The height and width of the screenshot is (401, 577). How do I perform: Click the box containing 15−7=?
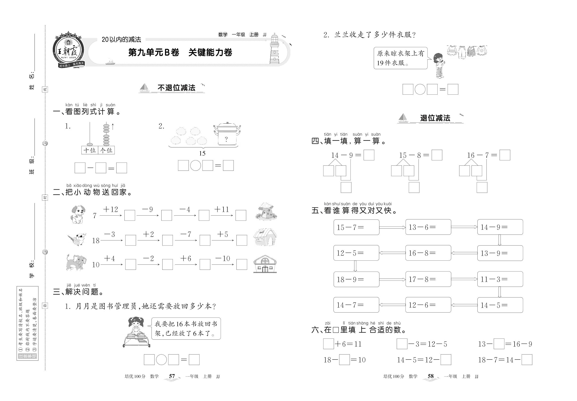pos(356,227)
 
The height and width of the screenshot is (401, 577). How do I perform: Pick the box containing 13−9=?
pos(500,253)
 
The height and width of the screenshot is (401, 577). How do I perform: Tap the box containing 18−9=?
pos(356,279)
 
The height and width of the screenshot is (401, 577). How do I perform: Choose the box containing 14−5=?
pos(500,305)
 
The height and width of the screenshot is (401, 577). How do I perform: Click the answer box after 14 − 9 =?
pos(369,155)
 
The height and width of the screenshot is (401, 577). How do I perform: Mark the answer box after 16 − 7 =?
pos(504,155)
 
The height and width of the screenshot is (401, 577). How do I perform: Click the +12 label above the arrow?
pos(110,209)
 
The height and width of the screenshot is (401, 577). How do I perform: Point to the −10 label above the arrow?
pos(223,258)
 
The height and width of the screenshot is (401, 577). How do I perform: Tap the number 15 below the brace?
pos(202,153)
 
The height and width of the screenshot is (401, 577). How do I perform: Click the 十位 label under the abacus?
pos(89,150)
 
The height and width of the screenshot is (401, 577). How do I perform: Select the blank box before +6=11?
pos(328,344)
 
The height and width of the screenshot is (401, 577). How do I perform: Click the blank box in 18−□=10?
pos(344,359)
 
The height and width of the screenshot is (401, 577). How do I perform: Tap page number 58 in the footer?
pos(431,376)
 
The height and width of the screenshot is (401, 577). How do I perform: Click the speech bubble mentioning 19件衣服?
pos(400,58)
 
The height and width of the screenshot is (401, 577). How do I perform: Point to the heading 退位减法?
pos(435,118)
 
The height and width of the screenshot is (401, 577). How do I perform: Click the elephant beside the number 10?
pos(76,263)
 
